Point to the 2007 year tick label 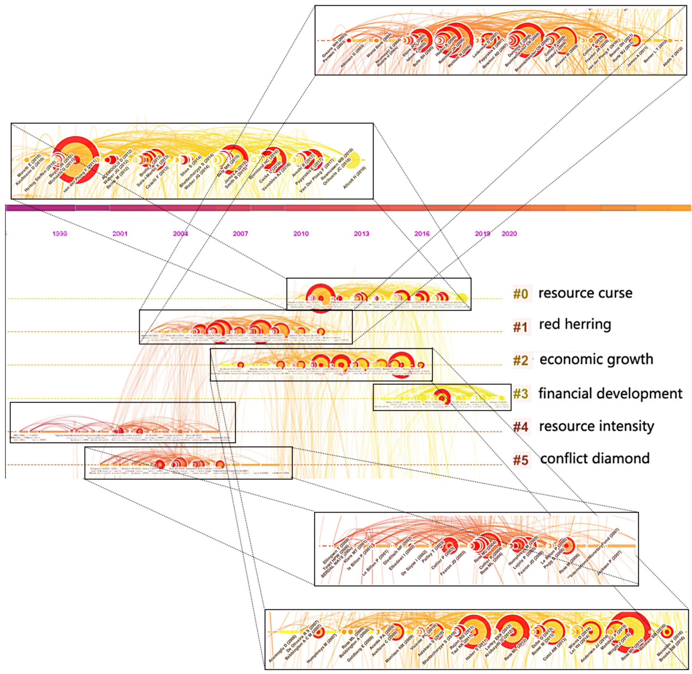point(240,234)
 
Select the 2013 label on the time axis point(361,234)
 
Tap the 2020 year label point(509,234)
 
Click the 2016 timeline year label point(422,234)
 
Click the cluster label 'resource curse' point(585,293)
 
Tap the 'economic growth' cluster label point(596,359)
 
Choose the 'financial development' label point(610,393)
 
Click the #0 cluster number point(521,294)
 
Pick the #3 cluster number point(521,394)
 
